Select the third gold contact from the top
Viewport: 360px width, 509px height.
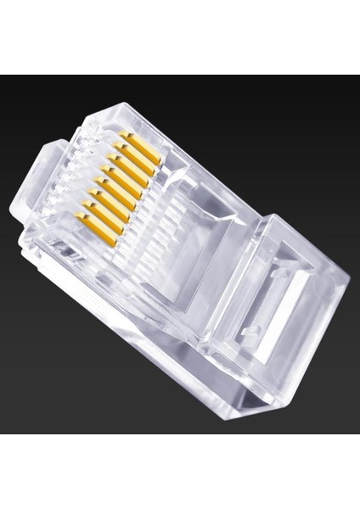(128, 165)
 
